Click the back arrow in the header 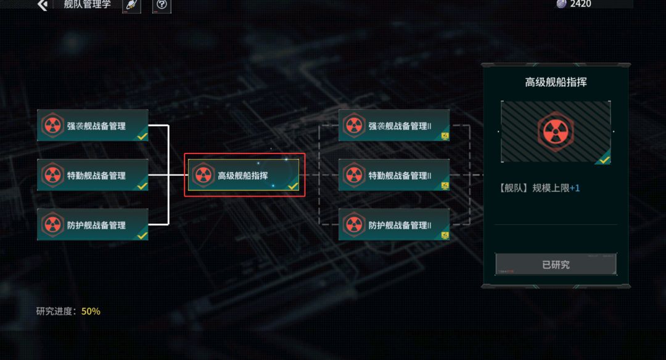click(x=43, y=5)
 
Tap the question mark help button click(x=162, y=6)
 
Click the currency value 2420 click(x=580, y=4)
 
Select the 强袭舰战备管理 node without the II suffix click(x=92, y=125)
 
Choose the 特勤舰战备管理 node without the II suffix click(x=92, y=175)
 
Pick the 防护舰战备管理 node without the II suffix click(x=92, y=224)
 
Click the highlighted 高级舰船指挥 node click(x=244, y=175)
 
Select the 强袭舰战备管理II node click(x=394, y=125)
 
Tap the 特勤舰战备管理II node click(x=394, y=175)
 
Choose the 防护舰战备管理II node click(x=394, y=224)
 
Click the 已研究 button click(x=556, y=264)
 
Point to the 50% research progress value click(x=91, y=311)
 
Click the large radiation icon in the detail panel click(x=556, y=131)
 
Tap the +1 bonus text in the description click(x=575, y=187)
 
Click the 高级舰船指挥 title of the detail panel click(x=556, y=82)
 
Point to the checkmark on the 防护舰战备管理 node click(x=142, y=235)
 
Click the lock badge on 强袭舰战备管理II click(x=445, y=136)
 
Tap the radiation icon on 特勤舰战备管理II click(x=354, y=175)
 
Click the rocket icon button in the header click(x=132, y=6)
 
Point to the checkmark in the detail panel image click(x=604, y=160)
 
